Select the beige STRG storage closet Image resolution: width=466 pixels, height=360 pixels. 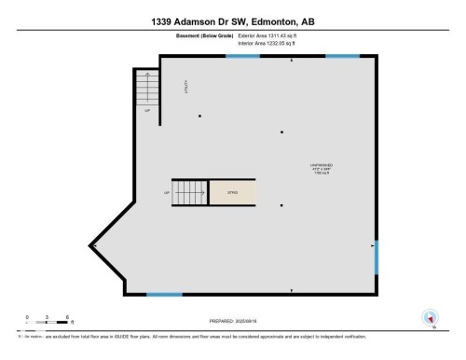coord(233,192)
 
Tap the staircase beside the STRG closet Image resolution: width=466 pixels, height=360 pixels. coord(188,192)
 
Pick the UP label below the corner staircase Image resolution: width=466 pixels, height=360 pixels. coord(147,109)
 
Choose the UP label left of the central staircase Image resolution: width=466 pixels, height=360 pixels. coord(166,193)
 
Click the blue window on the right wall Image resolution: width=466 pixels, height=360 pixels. coord(376,257)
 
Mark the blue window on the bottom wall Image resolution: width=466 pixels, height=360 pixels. coord(164,295)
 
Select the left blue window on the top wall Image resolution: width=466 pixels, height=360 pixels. coord(244,56)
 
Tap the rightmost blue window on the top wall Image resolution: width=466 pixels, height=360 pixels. coord(342,56)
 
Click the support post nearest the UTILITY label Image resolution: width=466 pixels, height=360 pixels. coord(199,116)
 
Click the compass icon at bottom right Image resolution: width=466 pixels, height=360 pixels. coord(430,318)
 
